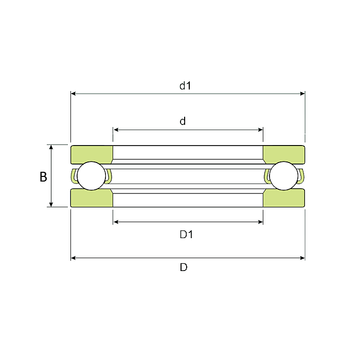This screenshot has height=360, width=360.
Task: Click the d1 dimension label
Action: click(x=185, y=86)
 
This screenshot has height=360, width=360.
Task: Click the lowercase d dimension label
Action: click(x=183, y=121)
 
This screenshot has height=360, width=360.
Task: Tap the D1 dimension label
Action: click(x=186, y=235)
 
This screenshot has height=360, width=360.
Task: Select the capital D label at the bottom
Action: click(x=184, y=267)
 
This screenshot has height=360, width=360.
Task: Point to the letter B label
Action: click(x=43, y=177)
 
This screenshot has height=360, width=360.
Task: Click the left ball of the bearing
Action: click(x=92, y=176)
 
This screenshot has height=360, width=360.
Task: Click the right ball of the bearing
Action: click(x=284, y=176)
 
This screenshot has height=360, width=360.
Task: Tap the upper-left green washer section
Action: click(x=92, y=154)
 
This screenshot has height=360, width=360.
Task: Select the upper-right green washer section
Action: click(x=284, y=154)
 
